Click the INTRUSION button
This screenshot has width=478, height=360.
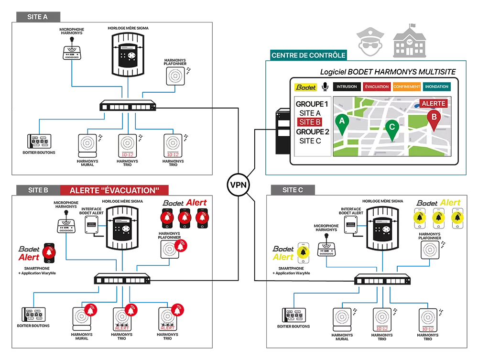[347, 87]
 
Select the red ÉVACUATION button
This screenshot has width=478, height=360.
[376, 87]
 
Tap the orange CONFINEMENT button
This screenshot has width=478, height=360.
[406, 87]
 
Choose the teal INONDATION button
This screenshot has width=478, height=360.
[436, 87]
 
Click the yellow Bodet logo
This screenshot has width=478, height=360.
[305, 87]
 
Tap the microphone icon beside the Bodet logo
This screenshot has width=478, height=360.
[325, 87]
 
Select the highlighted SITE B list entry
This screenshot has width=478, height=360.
[310, 122]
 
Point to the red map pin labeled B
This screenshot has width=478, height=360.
[434, 118]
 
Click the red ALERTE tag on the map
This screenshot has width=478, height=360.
[434, 103]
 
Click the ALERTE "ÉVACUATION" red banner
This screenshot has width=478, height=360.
[115, 190]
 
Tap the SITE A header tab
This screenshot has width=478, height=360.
[38, 16]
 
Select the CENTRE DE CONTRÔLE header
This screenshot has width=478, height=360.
[308, 55]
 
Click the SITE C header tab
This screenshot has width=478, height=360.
[293, 190]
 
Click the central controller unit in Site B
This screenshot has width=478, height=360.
[124, 229]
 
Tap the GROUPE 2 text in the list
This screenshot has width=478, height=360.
[313, 131]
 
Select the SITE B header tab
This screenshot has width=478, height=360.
[38, 190]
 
